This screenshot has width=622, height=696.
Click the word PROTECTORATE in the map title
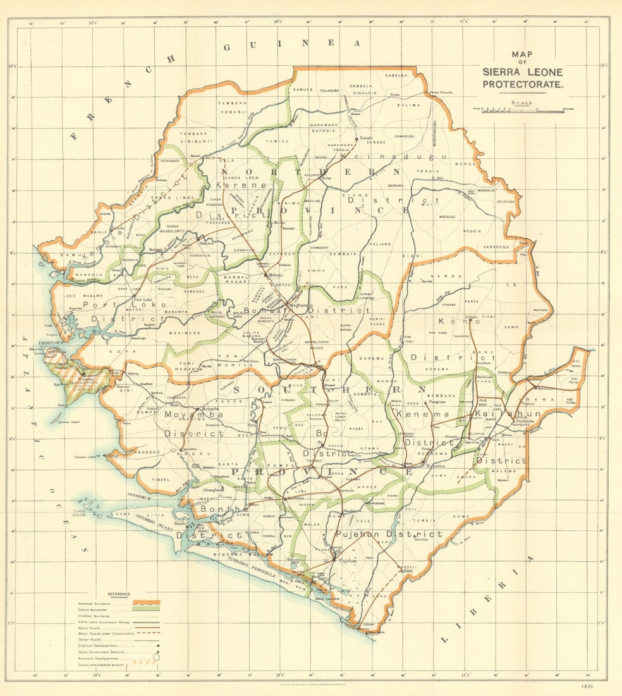click(x=523, y=84)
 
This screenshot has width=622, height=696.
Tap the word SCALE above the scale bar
click(x=522, y=103)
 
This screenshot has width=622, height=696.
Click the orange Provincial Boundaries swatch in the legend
click(x=147, y=602)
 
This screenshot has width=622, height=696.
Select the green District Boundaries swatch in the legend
click(x=147, y=609)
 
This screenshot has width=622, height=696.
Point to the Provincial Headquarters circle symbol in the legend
click(x=155, y=657)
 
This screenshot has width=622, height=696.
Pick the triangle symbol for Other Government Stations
click(x=155, y=651)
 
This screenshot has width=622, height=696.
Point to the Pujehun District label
click(x=388, y=535)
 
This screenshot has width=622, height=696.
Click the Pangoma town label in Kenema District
click(x=437, y=402)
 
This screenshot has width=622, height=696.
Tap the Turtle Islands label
click(x=83, y=513)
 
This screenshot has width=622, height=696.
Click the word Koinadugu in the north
click(x=394, y=156)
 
